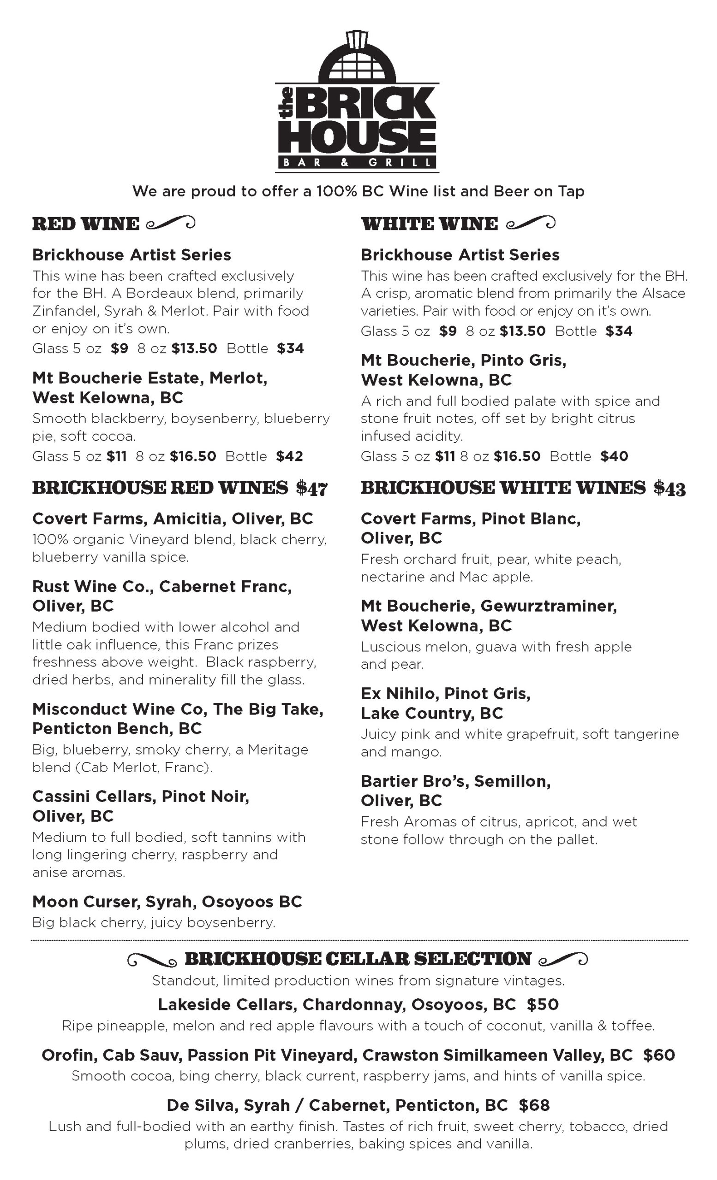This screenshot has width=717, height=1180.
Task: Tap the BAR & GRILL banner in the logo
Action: point(357,163)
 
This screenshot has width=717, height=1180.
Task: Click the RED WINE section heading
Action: point(85,224)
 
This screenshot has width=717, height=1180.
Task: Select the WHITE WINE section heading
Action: point(429,224)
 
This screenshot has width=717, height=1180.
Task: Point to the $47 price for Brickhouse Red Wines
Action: point(311,489)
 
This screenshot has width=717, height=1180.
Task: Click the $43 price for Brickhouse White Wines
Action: point(669,489)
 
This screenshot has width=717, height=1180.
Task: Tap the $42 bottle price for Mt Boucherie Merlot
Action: point(289,456)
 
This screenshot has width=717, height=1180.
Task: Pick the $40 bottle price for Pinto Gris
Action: point(614,456)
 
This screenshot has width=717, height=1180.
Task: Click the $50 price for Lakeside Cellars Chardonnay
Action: point(543,1004)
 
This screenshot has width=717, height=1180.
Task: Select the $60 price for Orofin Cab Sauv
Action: point(659,1055)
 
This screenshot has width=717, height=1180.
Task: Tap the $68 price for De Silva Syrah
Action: point(534,1105)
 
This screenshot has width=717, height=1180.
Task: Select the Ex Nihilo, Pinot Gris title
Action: point(445,693)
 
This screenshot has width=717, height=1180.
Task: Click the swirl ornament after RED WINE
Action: point(170,223)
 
